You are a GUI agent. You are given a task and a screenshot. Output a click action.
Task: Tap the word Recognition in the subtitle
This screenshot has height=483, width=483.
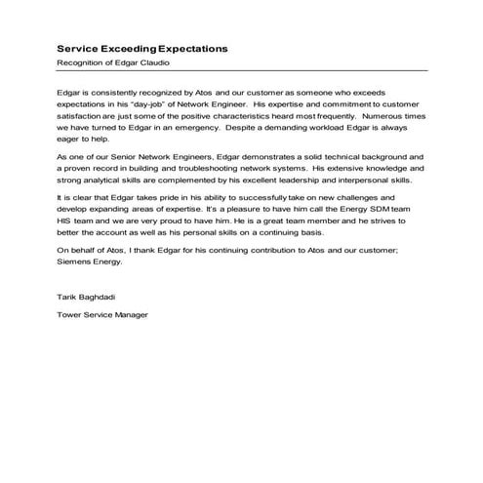pyautogui.click(x=80, y=62)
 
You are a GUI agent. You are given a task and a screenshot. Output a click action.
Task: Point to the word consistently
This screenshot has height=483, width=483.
pyautogui.click(x=117, y=89)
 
